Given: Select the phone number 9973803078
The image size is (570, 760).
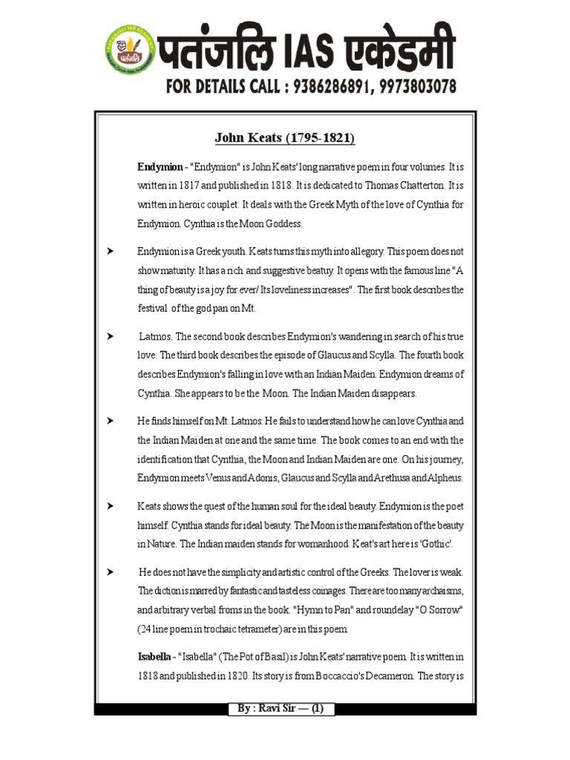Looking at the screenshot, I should pyautogui.click(x=417, y=87).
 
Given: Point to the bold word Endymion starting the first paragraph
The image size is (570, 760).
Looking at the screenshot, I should pyautogui.click(x=158, y=167).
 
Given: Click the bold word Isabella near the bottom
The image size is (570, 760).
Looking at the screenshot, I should pyautogui.click(x=156, y=657).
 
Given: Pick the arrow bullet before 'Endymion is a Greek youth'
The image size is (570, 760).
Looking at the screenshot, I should pyautogui.click(x=110, y=251).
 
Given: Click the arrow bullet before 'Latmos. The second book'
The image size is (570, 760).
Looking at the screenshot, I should pyautogui.click(x=110, y=336).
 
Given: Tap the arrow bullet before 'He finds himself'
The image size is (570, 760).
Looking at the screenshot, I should pyautogui.click(x=110, y=421).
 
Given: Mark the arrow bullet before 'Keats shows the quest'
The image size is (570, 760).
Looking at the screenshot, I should pyautogui.click(x=110, y=505).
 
